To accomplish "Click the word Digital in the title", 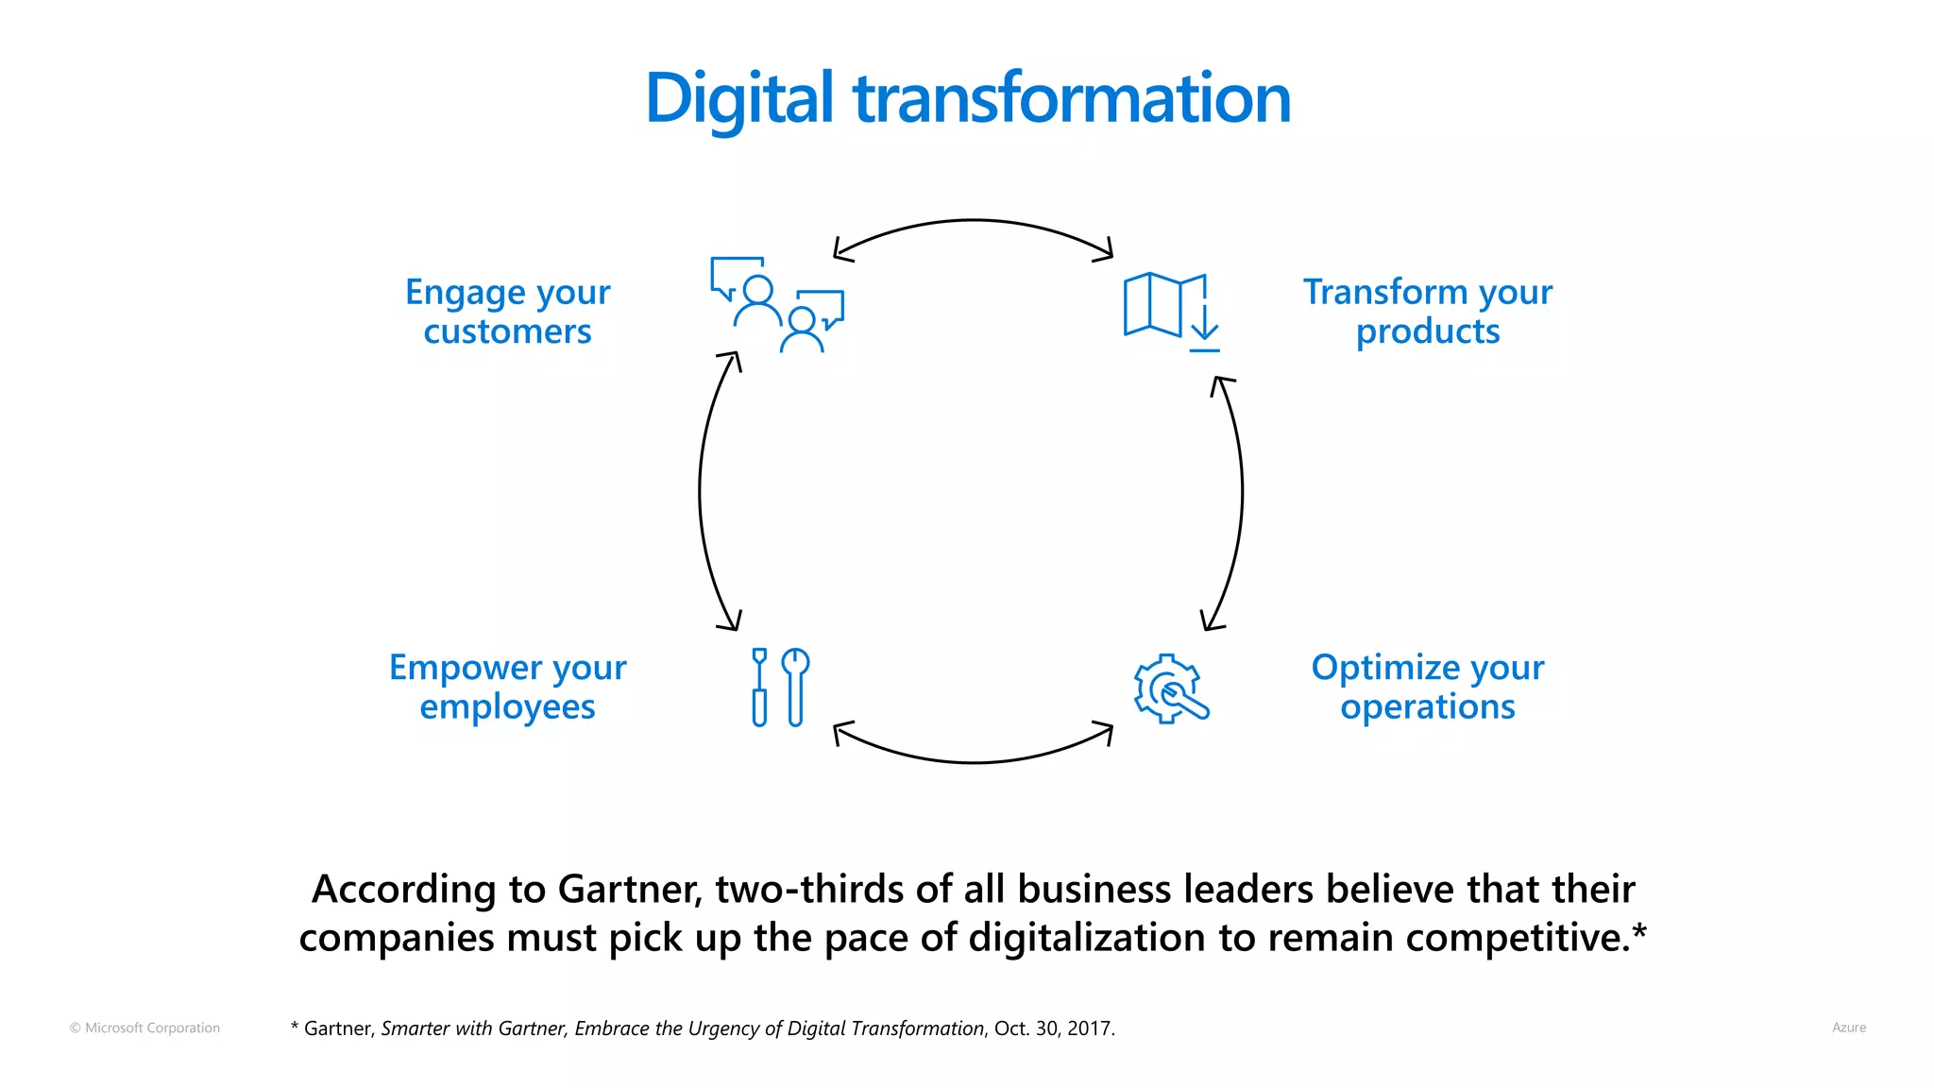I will (x=738, y=98).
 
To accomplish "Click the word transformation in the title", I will (x=1072, y=98).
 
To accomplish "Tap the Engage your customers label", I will (x=507, y=312).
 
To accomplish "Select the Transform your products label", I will (x=1427, y=312).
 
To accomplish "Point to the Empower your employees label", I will (x=507, y=687).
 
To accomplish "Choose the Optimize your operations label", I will (x=1427, y=687).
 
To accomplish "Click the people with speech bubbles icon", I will (x=777, y=304).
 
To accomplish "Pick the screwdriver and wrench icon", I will (x=780, y=687).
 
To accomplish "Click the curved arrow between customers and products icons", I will (x=973, y=221).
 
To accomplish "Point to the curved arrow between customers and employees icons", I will (x=701, y=491).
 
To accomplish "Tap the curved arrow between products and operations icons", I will (x=1241, y=491).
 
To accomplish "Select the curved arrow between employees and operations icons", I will (x=973, y=761).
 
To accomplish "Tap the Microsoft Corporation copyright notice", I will (x=144, y=1028).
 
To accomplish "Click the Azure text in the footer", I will (x=1848, y=1028).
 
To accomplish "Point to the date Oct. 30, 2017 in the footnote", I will (x=1054, y=1028).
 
